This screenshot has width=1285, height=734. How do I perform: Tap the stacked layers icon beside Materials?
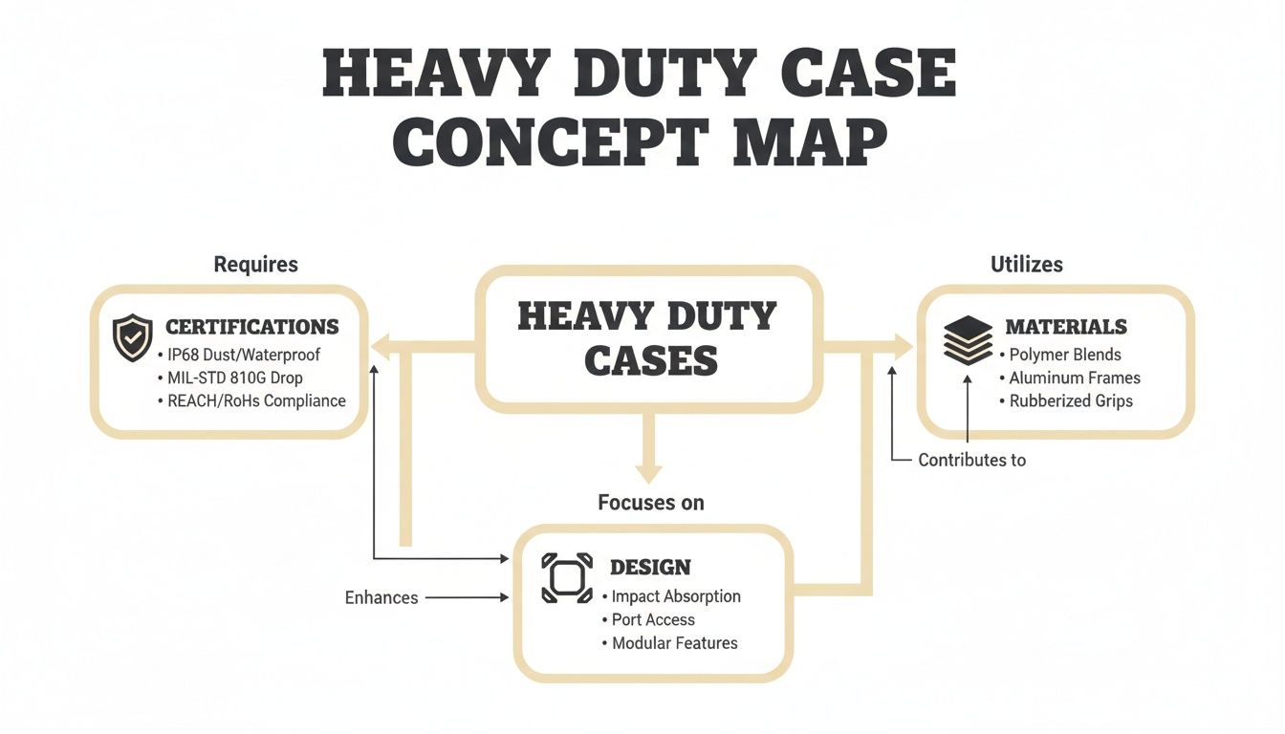(968, 340)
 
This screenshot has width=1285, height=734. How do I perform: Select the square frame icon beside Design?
(567, 577)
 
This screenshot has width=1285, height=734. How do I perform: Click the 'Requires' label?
(256, 264)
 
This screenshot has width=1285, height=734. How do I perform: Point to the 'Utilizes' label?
(1027, 264)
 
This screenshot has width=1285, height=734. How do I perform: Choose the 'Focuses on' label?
(650, 503)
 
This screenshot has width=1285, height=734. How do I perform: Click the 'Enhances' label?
(381, 597)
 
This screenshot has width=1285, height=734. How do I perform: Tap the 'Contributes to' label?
(971, 460)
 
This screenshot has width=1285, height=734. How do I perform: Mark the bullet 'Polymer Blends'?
(1065, 355)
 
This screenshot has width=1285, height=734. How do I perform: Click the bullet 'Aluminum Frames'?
(1075, 378)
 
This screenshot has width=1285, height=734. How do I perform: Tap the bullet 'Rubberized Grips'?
(1071, 400)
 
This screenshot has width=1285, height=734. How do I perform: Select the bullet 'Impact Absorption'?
(676, 596)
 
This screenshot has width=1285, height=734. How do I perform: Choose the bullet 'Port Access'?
(653, 619)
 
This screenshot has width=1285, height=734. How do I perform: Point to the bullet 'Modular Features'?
(674, 643)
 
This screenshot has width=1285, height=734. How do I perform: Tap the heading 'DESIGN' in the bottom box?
(650, 567)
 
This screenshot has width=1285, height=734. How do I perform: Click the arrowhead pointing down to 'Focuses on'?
(650, 472)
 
